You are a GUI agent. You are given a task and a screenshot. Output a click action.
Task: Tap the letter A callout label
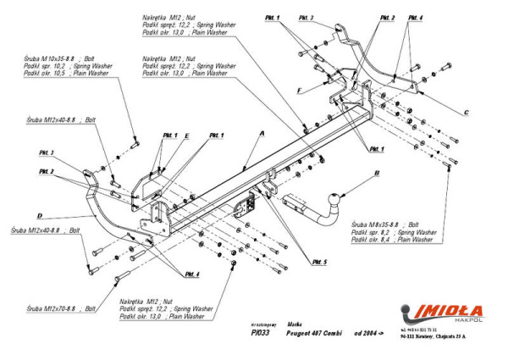point(263,134)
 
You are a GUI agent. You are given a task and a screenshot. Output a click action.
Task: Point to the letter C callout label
point(466,110)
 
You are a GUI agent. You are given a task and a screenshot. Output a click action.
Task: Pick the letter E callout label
point(186,136)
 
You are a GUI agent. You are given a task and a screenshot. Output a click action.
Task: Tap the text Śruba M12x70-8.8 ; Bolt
point(60,309)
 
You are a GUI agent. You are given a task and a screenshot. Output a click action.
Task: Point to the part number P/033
point(261,334)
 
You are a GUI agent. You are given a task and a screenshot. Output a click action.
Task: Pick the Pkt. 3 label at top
point(306,17)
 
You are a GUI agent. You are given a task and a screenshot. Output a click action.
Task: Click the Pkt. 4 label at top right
point(415,17)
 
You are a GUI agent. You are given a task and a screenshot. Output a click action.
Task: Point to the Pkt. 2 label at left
point(47,171)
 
